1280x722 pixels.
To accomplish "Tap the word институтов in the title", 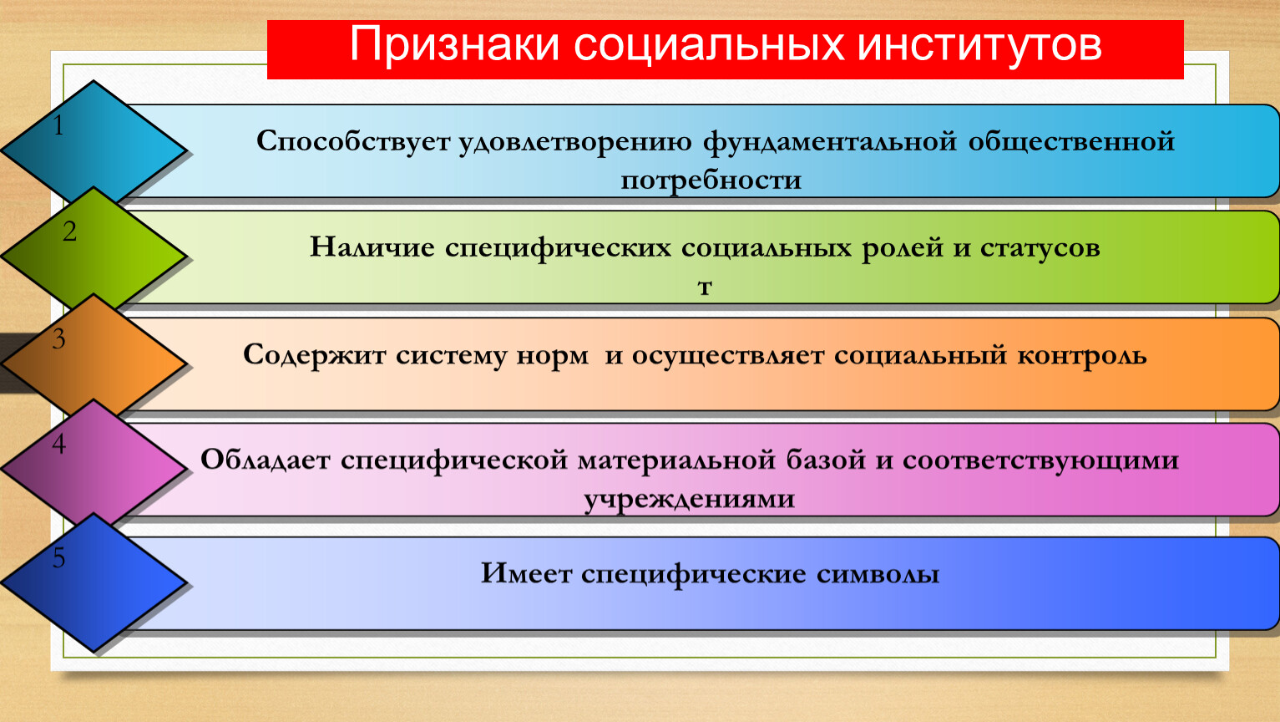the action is point(979,44).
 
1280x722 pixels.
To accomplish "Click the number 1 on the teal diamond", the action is point(58,125).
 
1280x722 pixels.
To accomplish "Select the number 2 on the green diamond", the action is point(69,231).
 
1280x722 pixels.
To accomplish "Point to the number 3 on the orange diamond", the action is point(58,338).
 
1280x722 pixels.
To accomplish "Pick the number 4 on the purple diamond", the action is point(58,444).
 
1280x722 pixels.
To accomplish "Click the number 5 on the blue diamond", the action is point(58,558).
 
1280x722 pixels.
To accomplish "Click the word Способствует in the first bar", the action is point(353,141).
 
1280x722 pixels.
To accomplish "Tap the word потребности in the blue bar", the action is point(711,180).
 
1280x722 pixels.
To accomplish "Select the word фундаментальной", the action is point(830,141).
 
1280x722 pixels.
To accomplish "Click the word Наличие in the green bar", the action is point(372,247).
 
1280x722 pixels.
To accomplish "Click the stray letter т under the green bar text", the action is point(706,287).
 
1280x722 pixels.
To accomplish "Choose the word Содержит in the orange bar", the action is point(314,355).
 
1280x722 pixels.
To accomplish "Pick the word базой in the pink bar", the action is point(826,460).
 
